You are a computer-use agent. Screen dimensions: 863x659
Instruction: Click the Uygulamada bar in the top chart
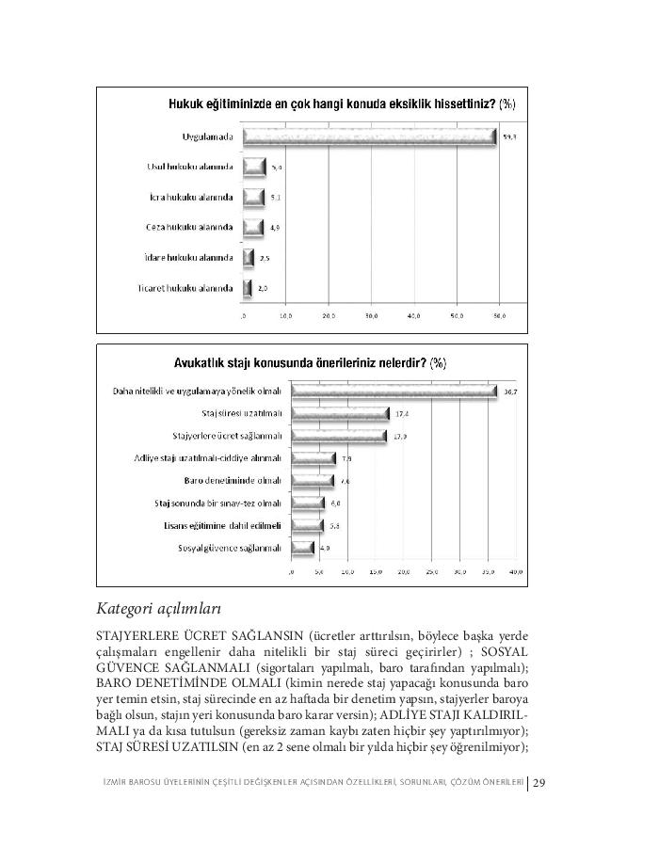coord(369,137)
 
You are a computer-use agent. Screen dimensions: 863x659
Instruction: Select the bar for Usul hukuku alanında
coord(254,168)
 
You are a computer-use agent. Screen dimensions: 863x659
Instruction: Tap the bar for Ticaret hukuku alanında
coord(248,288)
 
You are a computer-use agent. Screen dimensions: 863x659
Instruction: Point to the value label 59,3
coord(510,138)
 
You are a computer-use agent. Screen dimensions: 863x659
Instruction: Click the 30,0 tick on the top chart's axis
coord(371,316)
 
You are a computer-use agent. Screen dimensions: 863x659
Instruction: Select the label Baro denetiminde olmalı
coord(233,481)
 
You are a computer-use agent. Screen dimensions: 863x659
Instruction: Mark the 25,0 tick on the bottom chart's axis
coord(432,571)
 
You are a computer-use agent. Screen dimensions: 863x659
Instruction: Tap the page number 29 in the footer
coord(540,782)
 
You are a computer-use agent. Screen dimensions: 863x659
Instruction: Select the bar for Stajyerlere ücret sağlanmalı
coord(338,437)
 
